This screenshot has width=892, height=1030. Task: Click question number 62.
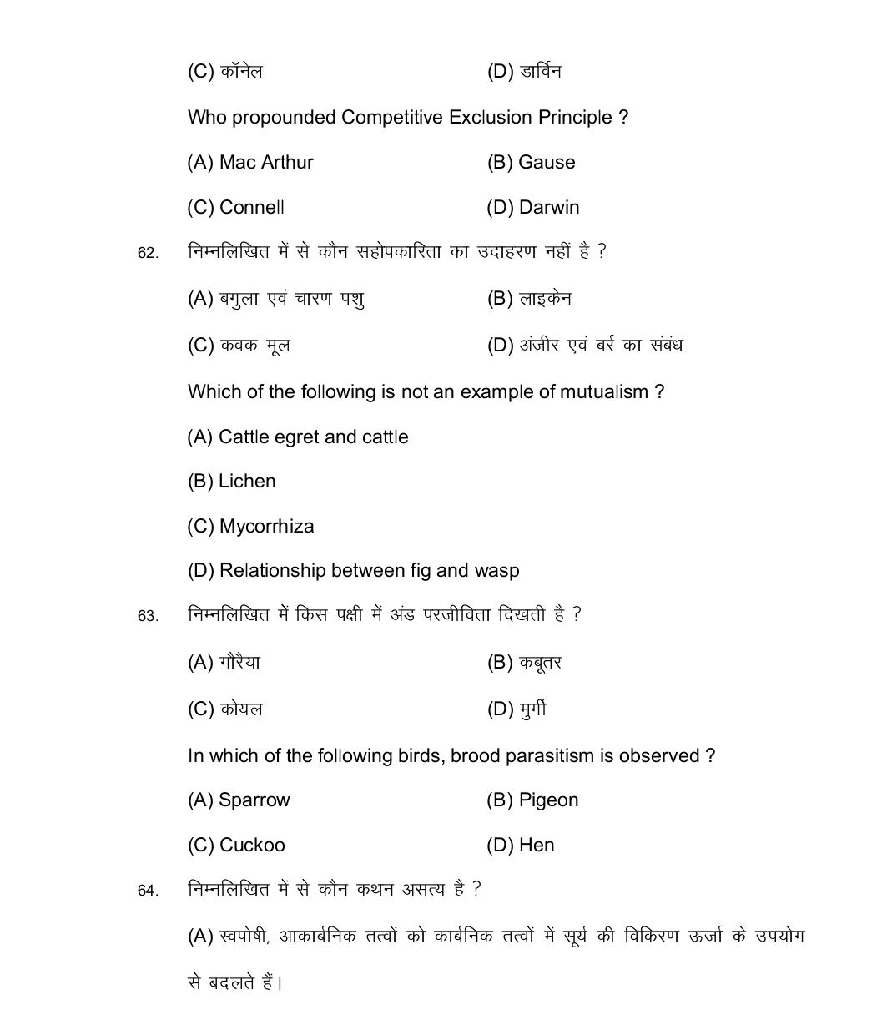(x=148, y=253)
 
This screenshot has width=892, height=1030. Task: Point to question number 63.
(x=148, y=616)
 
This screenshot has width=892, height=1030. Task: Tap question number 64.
(x=148, y=891)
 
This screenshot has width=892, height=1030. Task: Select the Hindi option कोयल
(x=241, y=709)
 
